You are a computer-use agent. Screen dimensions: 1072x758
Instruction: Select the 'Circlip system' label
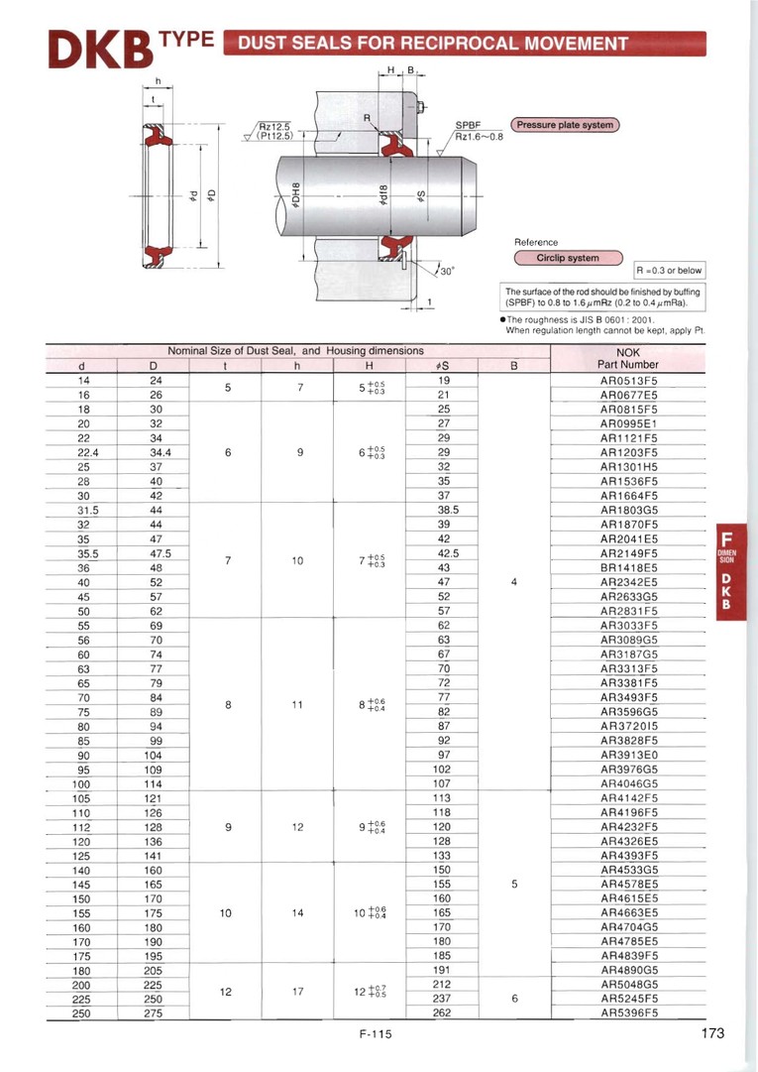click(568, 258)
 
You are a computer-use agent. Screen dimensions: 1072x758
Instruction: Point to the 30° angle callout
click(444, 271)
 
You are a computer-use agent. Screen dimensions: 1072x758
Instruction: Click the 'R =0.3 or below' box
click(669, 270)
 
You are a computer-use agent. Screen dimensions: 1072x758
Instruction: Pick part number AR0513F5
click(629, 380)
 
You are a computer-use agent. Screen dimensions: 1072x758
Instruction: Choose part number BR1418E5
click(629, 567)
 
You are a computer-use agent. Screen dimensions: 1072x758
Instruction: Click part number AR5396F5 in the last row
click(629, 1012)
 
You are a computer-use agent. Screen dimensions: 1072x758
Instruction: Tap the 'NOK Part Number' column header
click(629, 358)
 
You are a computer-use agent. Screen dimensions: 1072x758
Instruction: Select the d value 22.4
click(83, 452)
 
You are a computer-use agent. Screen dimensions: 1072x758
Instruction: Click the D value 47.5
click(156, 552)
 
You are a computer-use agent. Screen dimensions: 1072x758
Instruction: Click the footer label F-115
click(377, 1034)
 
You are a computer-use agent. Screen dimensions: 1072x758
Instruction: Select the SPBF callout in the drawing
click(467, 125)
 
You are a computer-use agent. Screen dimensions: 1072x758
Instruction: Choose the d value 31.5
click(83, 510)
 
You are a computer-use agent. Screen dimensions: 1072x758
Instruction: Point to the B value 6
click(514, 999)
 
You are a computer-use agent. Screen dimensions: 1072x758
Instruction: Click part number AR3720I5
click(629, 725)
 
